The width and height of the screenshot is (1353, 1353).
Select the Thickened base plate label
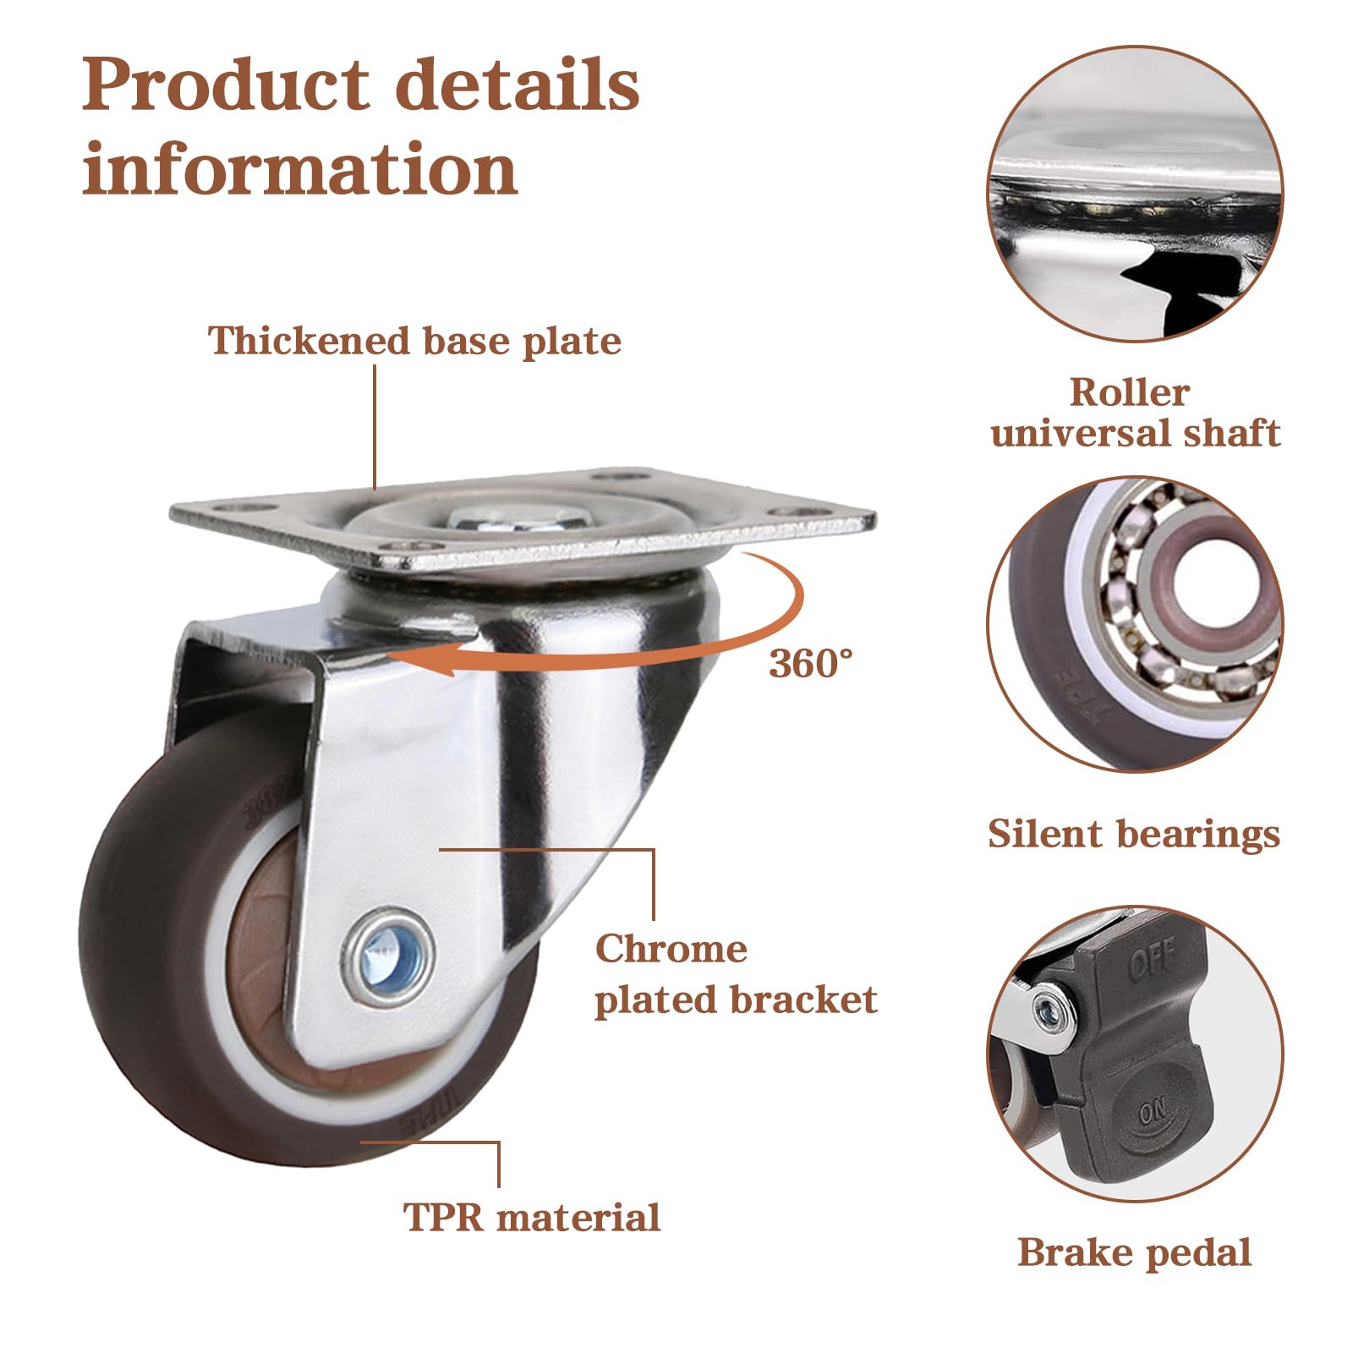[414, 342]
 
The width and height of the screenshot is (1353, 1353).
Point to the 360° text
[811, 664]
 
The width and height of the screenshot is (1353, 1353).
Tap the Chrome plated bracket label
[736, 974]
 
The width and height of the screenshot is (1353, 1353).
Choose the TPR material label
[532, 1218]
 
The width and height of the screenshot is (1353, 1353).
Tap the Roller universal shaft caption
[1135, 413]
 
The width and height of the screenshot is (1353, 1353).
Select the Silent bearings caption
[1134, 834]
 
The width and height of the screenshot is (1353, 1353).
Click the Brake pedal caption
[1135, 1252]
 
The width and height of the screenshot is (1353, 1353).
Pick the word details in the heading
[518, 85]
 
